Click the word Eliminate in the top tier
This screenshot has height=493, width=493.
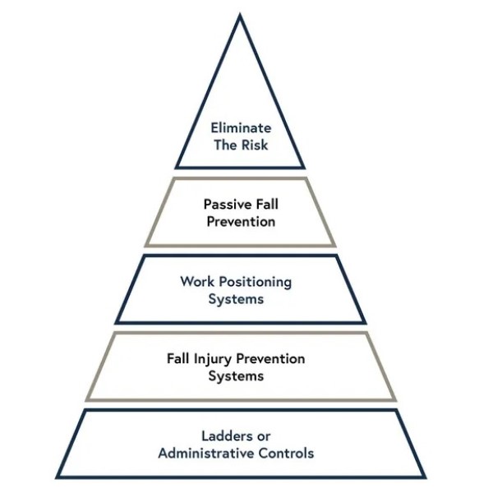point(241,128)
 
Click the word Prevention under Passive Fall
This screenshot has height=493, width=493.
point(240,222)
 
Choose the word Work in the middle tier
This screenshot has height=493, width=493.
point(196,282)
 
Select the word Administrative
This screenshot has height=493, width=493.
point(209,453)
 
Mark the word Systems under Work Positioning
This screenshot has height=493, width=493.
point(236,299)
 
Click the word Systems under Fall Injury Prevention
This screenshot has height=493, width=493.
point(236,376)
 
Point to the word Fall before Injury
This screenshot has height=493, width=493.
point(178,359)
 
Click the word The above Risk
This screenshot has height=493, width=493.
point(224,145)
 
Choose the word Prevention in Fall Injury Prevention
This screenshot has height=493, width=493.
point(273,359)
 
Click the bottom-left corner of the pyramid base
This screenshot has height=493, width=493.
point(57,477)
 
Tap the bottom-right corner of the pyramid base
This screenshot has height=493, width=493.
point(425,477)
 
